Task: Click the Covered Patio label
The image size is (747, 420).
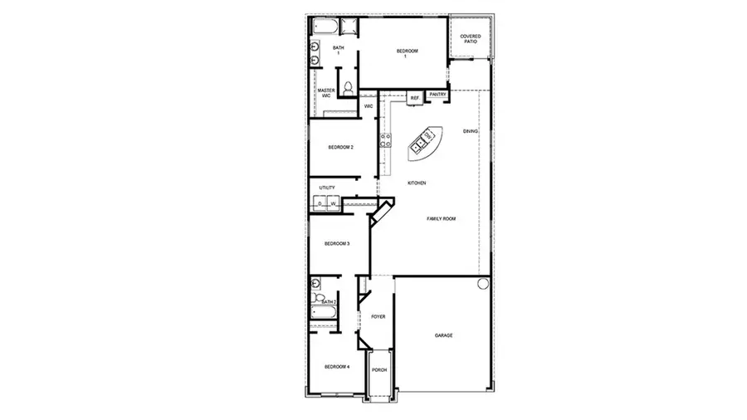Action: (x=471, y=38)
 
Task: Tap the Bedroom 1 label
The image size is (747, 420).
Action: (x=405, y=53)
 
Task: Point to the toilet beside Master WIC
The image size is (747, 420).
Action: (x=349, y=88)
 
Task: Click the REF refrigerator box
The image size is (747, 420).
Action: (x=414, y=98)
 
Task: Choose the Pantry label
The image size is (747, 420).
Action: (x=437, y=95)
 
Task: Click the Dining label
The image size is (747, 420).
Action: (x=471, y=131)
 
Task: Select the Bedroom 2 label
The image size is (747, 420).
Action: (x=340, y=148)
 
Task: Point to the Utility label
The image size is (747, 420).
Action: (x=326, y=188)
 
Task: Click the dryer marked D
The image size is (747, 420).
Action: (x=320, y=203)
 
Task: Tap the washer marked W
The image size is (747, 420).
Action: (x=334, y=203)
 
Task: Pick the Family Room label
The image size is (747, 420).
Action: (x=441, y=218)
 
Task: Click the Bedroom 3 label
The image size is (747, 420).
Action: (x=336, y=243)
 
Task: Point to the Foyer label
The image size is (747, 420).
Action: (x=378, y=316)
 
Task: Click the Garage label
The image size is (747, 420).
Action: (x=443, y=335)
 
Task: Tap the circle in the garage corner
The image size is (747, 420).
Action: (x=483, y=284)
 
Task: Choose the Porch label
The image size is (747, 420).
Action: (x=378, y=370)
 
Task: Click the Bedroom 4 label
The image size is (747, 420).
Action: (x=336, y=366)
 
